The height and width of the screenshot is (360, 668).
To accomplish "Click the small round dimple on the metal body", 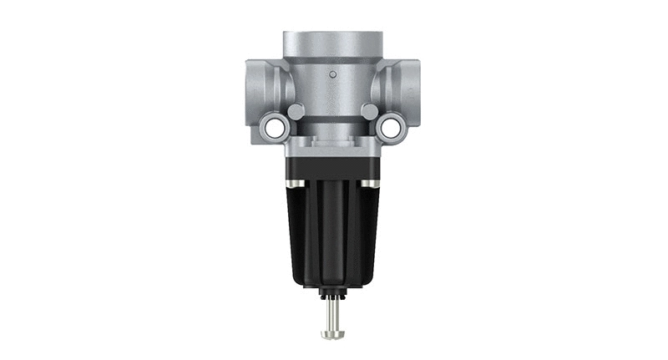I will click(x=332, y=75).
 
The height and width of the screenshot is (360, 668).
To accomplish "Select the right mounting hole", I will click(x=390, y=127).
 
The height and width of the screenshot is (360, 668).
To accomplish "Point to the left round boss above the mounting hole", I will click(x=295, y=111).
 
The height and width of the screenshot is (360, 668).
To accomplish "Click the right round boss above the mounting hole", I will click(x=369, y=111).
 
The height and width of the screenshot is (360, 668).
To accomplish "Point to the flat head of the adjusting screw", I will click(x=332, y=334).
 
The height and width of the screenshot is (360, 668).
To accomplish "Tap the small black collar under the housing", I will click(x=332, y=293).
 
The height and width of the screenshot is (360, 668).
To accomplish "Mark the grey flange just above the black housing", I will click(x=332, y=150).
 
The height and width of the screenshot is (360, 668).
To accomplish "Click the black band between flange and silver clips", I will click(x=332, y=170).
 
